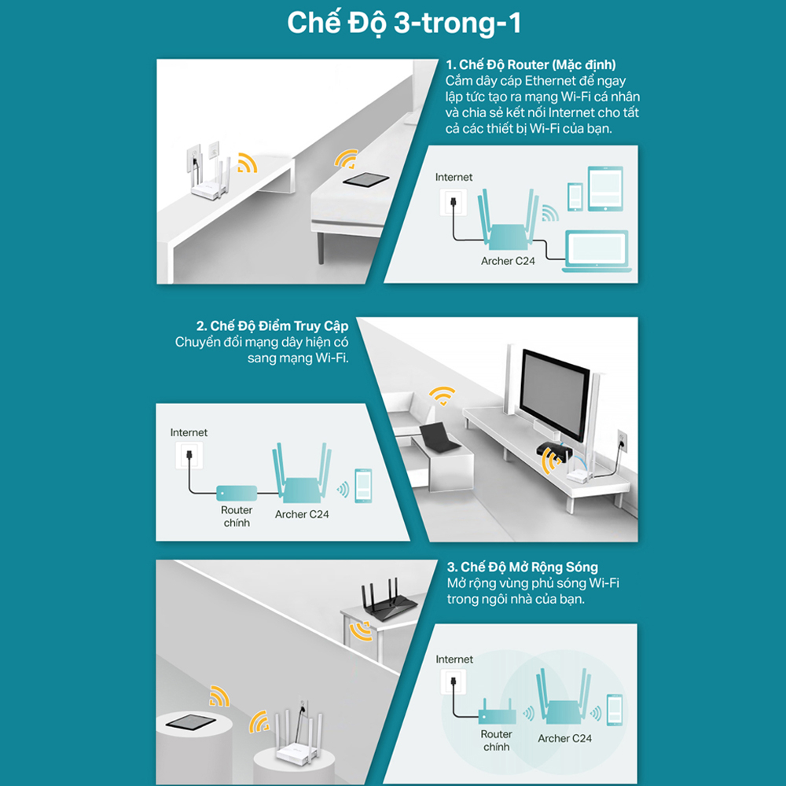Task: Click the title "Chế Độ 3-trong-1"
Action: (404, 23)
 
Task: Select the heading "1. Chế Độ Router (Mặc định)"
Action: (531, 64)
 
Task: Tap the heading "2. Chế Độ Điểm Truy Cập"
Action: (272, 326)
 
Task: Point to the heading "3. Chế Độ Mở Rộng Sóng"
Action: (523, 567)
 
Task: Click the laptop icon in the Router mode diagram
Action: (597, 252)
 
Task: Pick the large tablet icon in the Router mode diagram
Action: (605, 189)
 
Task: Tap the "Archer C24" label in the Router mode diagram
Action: (508, 261)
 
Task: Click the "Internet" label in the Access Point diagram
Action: (189, 432)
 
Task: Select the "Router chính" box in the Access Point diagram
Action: (237, 494)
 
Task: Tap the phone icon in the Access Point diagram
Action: (363, 486)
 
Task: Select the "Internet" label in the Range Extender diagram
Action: (454, 659)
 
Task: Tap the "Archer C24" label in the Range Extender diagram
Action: (564, 738)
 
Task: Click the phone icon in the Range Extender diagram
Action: (615, 711)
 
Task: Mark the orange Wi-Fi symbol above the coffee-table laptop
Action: (442, 395)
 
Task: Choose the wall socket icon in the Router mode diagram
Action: (454, 203)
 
